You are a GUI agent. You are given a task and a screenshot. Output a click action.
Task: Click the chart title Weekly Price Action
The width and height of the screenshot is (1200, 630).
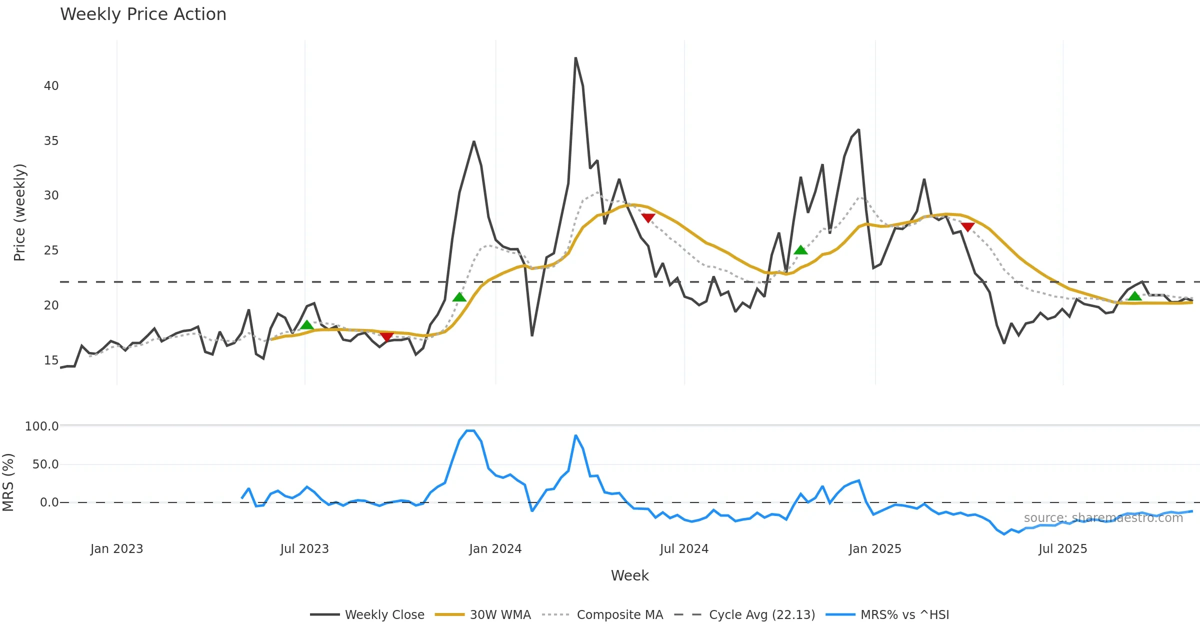[x=143, y=14]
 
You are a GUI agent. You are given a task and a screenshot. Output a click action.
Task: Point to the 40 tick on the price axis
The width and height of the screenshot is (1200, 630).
[x=51, y=86]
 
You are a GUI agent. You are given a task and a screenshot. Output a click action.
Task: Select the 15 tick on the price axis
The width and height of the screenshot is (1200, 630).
[x=51, y=360]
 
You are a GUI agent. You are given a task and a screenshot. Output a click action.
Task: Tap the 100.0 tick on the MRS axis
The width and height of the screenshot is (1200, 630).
[x=41, y=426]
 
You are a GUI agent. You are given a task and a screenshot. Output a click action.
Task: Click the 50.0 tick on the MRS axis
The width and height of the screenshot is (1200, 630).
[x=45, y=464]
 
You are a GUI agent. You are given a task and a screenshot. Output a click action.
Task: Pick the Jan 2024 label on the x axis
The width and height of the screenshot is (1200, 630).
[x=495, y=549]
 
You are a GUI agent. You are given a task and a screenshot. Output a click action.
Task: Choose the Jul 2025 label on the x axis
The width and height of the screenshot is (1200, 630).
[x=1062, y=549]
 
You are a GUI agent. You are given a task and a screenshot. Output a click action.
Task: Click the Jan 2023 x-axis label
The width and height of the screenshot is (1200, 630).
[x=116, y=549]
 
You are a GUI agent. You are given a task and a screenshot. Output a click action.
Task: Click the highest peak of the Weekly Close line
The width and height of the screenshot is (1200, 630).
[x=575, y=58]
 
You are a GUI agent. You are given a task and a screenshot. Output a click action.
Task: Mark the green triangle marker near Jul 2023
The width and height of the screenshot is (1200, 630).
[x=307, y=325]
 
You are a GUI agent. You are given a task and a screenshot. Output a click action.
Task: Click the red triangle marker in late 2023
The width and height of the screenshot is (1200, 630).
[x=386, y=336]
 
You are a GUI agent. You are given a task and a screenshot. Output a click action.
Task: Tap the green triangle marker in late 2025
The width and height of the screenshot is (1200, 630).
[x=1134, y=296]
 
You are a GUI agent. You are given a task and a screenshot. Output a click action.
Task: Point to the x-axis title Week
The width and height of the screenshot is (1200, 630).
[x=629, y=576]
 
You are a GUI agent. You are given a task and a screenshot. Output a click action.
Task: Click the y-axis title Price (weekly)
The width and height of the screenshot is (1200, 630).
[x=19, y=212]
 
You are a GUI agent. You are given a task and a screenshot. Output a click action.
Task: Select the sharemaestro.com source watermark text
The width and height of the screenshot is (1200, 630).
[x=1103, y=518]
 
